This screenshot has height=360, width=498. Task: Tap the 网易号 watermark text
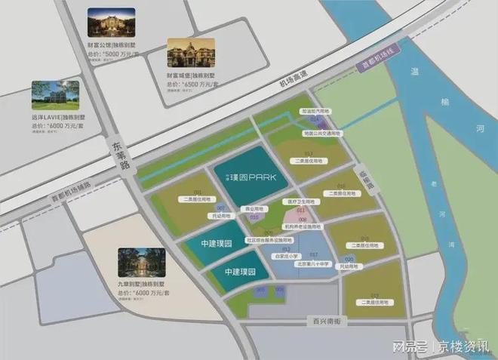(413, 346)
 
